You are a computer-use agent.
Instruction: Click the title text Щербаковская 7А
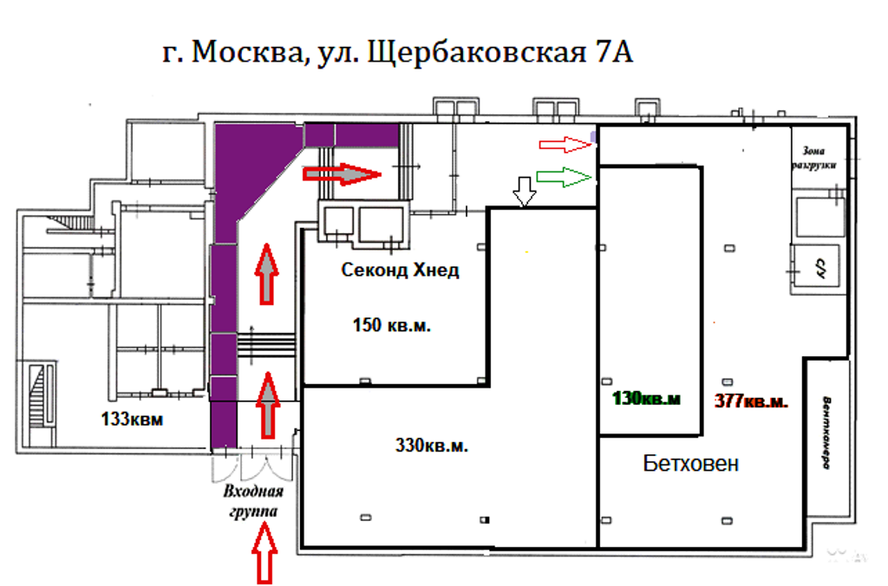tap(501, 54)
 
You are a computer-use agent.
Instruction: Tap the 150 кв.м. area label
tap(392, 327)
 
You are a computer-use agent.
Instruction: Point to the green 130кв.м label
tap(647, 400)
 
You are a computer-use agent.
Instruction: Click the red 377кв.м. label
tap(750, 400)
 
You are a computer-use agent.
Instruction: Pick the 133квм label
tap(131, 420)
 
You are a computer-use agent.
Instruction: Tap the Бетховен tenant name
tap(691, 464)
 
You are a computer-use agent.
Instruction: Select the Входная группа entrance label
tap(251, 502)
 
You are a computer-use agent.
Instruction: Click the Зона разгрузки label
tap(819, 157)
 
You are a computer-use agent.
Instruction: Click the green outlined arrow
tap(564, 178)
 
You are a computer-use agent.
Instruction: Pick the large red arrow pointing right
tap(341, 174)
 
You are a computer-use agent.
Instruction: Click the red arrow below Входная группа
tap(264, 553)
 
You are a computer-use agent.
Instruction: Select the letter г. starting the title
tap(172, 54)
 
